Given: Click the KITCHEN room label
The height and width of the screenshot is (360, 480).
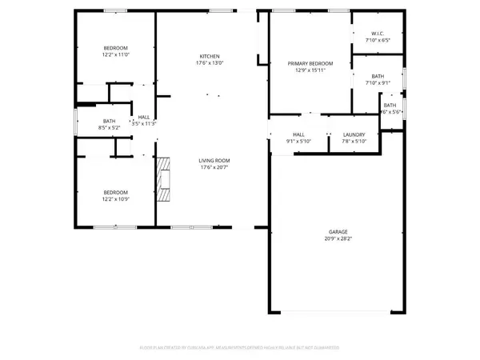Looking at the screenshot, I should (x=210, y=56).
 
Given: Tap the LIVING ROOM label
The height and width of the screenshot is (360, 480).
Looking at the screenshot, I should (x=214, y=161).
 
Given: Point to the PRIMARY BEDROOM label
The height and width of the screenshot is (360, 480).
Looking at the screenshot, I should (x=310, y=63).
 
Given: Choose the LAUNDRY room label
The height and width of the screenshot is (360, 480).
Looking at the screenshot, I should (x=354, y=134).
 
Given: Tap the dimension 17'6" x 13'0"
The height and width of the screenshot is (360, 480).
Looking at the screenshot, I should (x=210, y=62).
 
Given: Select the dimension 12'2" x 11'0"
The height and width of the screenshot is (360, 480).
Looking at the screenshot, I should (x=114, y=51).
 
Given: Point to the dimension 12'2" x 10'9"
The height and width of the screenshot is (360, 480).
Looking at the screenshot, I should (x=114, y=198).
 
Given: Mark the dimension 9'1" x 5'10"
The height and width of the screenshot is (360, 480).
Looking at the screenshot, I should (x=298, y=142).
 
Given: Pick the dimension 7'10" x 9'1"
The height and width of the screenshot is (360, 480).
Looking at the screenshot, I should (x=378, y=81).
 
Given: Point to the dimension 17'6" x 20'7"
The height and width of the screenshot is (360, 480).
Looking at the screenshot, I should (x=214, y=167).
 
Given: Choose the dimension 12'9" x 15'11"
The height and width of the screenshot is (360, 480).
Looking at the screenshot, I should (x=310, y=70).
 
